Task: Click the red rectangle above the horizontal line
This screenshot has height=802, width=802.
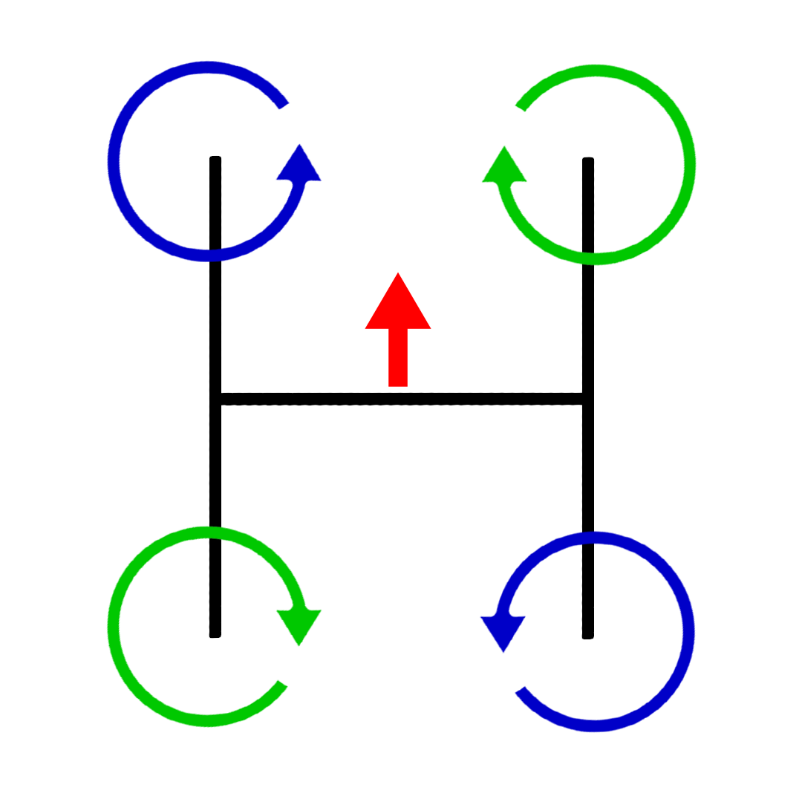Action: (398, 329)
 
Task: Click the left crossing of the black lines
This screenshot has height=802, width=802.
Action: (215, 400)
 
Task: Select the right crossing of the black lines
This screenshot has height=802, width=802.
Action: (588, 400)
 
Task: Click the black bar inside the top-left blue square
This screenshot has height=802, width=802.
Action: (215, 202)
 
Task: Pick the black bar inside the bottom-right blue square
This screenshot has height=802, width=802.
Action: (588, 591)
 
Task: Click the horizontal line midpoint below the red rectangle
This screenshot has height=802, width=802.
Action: (398, 400)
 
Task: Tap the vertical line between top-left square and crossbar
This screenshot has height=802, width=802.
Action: (215, 327)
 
